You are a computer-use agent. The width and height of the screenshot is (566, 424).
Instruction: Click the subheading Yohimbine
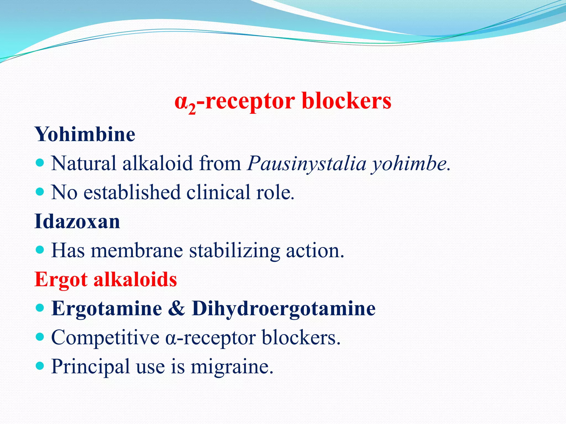pyautogui.click(x=85, y=134)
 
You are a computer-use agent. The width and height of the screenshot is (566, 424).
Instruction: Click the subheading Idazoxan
pyautogui.click(x=77, y=221)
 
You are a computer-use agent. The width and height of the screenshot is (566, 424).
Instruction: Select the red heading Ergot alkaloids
pyautogui.click(x=106, y=279)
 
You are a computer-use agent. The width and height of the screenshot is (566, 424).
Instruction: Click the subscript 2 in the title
pyautogui.click(x=192, y=109)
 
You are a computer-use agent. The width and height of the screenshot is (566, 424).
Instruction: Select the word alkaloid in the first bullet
pyautogui.click(x=158, y=163)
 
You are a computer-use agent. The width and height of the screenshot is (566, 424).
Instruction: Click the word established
pyautogui.click(x=132, y=192)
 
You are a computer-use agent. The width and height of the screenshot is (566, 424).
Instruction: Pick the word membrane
pyautogui.click(x=137, y=250)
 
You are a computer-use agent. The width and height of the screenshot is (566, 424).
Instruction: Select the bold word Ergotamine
pyautogui.click(x=107, y=308)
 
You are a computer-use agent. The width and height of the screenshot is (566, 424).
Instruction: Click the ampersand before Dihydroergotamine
pyautogui.click(x=176, y=308)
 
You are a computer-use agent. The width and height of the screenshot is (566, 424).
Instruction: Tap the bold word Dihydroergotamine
pyautogui.click(x=284, y=309)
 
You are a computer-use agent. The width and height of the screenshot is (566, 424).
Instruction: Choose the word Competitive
pyautogui.click(x=105, y=338)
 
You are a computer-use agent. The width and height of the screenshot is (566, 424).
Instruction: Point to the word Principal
pyautogui.click(x=90, y=367)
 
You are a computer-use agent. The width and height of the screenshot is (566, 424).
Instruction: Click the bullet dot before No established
pyautogui.click(x=40, y=192)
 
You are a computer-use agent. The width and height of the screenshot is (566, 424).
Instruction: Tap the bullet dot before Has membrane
pyautogui.click(x=40, y=250)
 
